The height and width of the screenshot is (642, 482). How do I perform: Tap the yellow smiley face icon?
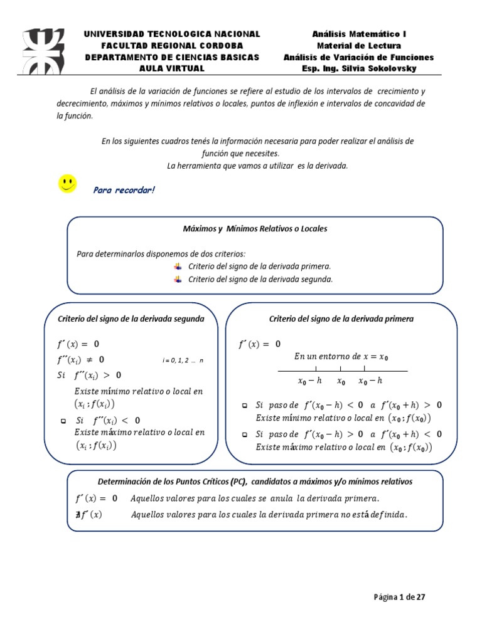coord(67,184)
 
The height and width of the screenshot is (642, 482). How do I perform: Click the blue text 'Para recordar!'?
coord(124,190)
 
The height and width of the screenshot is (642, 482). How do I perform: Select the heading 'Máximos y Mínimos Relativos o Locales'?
coord(255,229)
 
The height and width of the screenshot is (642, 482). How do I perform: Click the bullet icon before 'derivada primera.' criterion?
coord(177,266)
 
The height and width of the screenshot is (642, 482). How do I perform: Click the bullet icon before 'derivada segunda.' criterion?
coord(177,280)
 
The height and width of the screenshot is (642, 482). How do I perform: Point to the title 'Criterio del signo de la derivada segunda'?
coord(131,319)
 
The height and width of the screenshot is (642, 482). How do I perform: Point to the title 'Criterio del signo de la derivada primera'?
coord(341,319)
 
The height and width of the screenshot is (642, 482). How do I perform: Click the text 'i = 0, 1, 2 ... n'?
coord(183,360)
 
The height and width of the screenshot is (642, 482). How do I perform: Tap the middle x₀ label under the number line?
coord(341,381)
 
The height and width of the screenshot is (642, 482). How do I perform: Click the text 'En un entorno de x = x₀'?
coord(341,357)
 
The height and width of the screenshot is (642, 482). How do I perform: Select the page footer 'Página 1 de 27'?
coord(400,597)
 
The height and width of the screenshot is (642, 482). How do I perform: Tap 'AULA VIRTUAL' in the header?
coord(172,68)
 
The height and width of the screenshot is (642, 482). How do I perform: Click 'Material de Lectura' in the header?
coord(358,46)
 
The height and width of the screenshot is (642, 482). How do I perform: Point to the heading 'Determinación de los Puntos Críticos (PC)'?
coord(168,482)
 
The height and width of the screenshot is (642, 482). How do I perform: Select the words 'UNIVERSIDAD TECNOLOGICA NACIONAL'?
coord(172,34)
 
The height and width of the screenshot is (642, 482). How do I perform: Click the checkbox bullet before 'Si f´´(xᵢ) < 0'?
coord(63,421)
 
